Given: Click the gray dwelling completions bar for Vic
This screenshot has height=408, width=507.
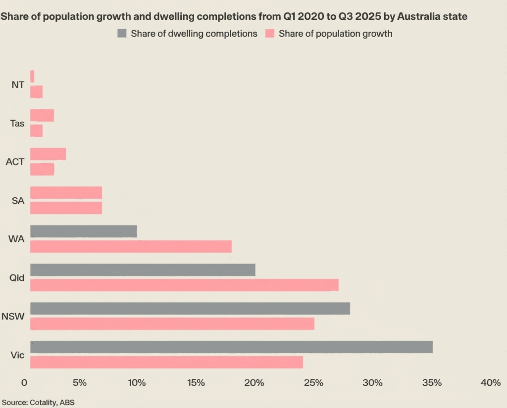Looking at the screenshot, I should pos(231,347).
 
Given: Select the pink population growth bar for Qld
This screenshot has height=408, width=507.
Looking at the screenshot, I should pos(184,285).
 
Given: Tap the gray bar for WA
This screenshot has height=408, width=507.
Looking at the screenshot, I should pos(83,231).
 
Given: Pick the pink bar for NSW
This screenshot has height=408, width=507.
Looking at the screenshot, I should pos(172,323).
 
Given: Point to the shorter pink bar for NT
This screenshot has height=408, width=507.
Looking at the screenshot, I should pos(32,76).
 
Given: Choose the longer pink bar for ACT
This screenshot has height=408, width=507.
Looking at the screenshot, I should pos(48,154).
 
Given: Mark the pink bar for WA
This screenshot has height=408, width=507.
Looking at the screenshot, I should pos(131,246).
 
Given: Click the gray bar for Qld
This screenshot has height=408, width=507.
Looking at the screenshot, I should pos(143,270).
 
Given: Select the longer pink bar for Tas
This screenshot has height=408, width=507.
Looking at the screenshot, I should pos(42,115).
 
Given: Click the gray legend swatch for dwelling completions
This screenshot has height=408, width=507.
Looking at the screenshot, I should pos(122,34).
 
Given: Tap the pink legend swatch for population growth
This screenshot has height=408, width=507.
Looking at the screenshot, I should pos(270,34).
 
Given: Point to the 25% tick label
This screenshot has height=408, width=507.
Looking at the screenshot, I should pos(314,383).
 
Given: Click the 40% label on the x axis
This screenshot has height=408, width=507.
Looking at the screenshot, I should pos(490,383).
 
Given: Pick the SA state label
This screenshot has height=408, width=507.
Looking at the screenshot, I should pos(18,200).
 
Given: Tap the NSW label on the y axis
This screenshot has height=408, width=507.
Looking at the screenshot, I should pos(13,316).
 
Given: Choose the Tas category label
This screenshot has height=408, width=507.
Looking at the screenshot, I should pos(17,123).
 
